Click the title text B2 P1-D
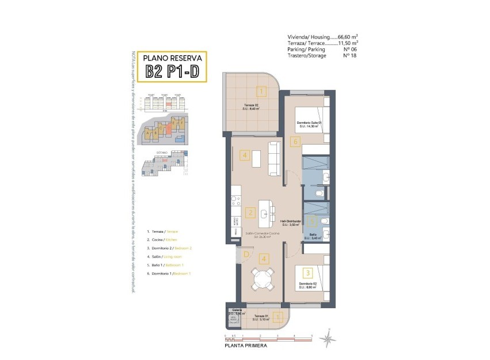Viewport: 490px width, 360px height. pyautogui.click(x=173, y=71)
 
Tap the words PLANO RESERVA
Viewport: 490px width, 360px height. pyautogui.click(x=172, y=58)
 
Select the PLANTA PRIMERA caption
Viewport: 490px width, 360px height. pyautogui.click(x=246, y=346)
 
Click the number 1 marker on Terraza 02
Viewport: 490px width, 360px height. pyautogui.click(x=261, y=91)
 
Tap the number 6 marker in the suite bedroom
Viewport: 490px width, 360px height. pyautogui.click(x=295, y=141)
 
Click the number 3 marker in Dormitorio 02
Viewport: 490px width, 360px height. pyautogui.click(x=309, y=273)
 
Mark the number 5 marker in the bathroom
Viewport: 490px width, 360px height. pyautogui.click(x=311, y=219)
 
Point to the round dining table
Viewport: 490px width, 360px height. pyautogui.click(x=263, y=280)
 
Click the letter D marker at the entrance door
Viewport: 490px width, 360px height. pyautogui.click(x=246, y=254)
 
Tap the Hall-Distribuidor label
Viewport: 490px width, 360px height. pyautogui.click(x=291, y=222)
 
